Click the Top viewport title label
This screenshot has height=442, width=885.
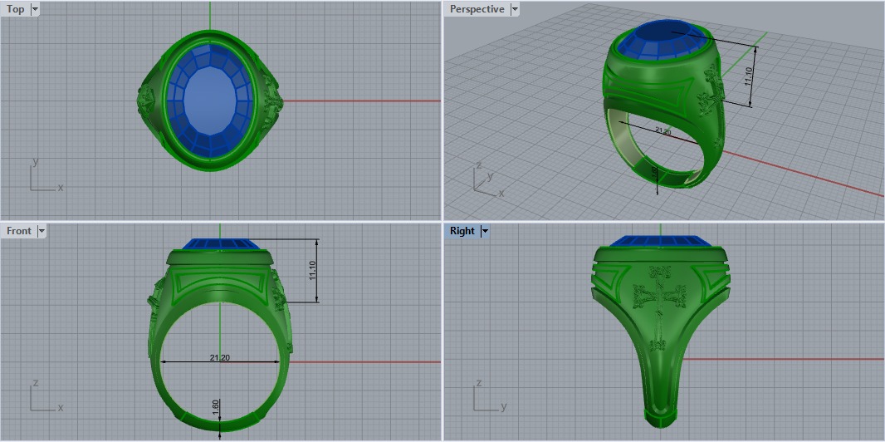pos(15,9)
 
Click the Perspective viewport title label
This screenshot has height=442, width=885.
pos(477,9)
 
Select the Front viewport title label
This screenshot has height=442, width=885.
pos(18,231)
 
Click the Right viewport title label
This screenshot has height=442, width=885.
pos(462,231)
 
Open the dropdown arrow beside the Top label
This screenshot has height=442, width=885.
pos(34,9)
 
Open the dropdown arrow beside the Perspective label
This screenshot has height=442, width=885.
pos(515,9)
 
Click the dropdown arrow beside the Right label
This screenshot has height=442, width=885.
pos(485,231)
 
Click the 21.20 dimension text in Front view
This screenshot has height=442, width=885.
pos(220,358)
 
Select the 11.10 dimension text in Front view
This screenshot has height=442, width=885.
pos(313,270)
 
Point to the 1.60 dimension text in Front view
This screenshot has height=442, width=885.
pos(216,408)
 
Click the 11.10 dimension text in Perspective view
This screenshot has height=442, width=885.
pos(748,77)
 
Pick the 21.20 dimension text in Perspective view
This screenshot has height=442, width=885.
pos(663,130)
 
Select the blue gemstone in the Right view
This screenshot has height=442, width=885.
pos(663,241)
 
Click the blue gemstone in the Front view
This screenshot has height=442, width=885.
pos(220,243)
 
